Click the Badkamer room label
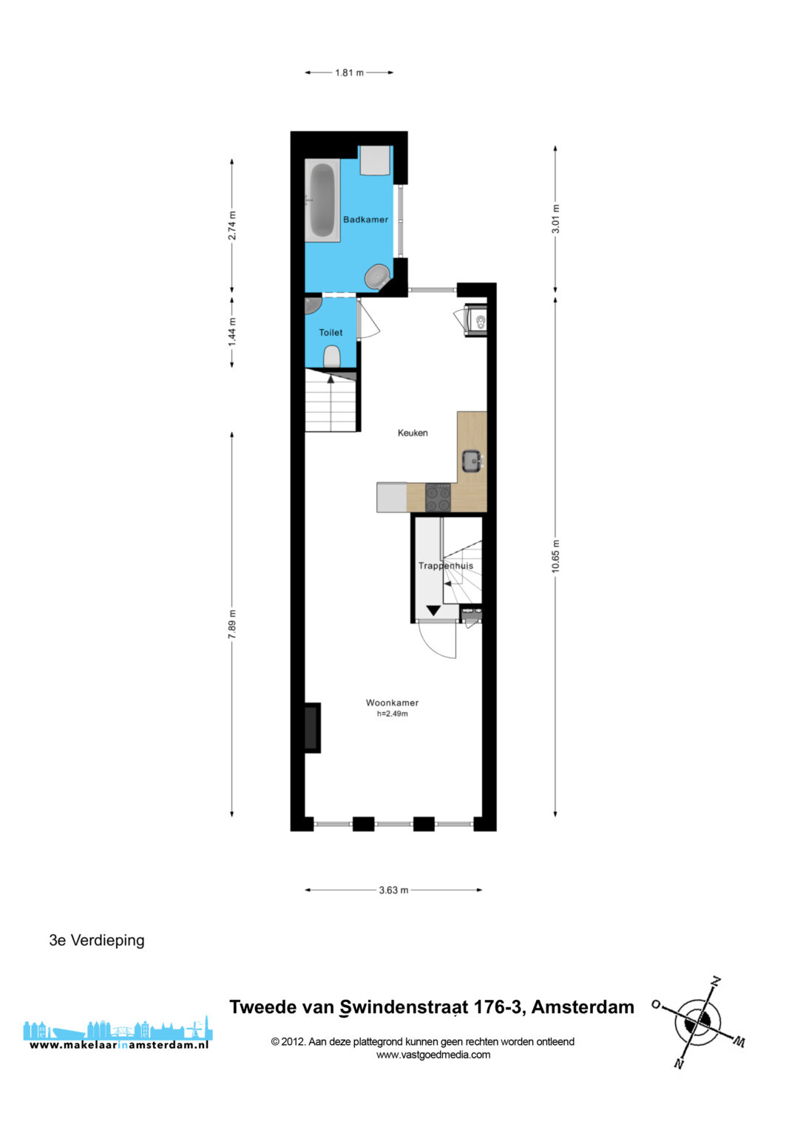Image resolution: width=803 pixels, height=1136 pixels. (365, 220)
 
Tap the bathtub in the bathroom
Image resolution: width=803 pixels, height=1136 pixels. (322, 200)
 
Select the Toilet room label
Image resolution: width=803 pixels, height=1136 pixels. (331, 333)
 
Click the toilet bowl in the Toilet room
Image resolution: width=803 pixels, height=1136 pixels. (332, 357)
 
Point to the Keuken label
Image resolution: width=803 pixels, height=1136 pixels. (413, 433)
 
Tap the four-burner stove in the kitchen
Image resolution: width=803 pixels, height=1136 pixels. (438, 498)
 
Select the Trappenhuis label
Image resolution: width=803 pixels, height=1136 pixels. (446, 566)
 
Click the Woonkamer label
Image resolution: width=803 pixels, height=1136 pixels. (393, 703)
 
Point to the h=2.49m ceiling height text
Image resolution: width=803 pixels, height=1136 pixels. (393, 714)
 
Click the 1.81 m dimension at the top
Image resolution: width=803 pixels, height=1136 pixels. (349, 72)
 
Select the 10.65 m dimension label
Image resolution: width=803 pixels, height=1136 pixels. (555, 556)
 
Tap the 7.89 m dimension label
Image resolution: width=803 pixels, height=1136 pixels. (231, 624)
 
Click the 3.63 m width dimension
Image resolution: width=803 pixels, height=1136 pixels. (393, 890)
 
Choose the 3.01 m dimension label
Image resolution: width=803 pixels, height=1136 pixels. (555, 219)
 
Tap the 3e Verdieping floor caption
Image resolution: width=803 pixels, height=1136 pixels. (97, 940)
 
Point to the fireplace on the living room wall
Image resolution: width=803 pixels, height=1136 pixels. (312, 728)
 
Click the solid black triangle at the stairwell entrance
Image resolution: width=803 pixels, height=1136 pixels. (433, 611)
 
